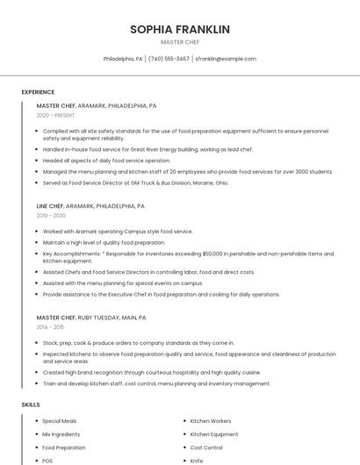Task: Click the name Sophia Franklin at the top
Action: point(180,29)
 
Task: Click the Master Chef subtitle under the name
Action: point(180,42)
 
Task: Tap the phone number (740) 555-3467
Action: point(169,59)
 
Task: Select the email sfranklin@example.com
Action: point(226,59)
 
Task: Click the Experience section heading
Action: point(38,92)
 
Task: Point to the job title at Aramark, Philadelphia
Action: point(97,105)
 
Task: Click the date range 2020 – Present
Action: point(55,115)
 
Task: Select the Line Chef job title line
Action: point(90,206)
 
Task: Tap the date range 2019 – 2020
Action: point(51,215)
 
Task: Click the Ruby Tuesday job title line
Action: point(91,318)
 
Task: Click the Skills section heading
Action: point(31,404)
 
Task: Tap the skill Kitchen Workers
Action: point(211,421)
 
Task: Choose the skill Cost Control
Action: point(206,447)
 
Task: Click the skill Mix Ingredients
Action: point(61,434)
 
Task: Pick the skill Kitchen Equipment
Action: point(213,434)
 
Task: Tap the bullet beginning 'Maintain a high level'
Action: point(104,242)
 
